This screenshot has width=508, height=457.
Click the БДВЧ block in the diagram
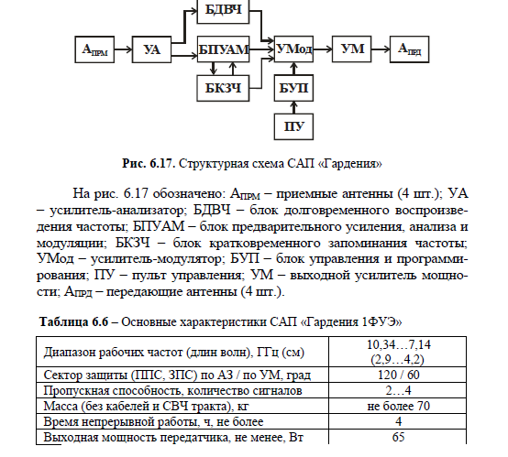(223, 12)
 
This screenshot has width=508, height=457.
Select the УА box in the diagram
(151, 49)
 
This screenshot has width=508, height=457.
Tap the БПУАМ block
(223, 49)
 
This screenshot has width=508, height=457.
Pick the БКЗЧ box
(223, 88)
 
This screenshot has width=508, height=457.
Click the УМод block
(293, 49)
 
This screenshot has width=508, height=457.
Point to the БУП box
(293, 88)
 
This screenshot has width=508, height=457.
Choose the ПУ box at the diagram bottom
(293, 126)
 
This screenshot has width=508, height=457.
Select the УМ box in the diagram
(352, 49)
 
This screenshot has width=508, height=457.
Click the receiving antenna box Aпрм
(94, 49)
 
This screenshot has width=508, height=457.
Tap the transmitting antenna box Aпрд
(410, 49)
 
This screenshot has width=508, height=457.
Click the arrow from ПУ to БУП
(293, 107)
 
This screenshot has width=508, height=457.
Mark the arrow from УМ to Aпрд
(381, 49)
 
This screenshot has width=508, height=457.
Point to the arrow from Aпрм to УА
(123, 49)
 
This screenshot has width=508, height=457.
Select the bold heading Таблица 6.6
(73, 321)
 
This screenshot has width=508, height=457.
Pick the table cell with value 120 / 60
(398, 375)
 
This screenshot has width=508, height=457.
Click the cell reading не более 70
(398, 406)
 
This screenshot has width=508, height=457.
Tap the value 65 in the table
(398, 437)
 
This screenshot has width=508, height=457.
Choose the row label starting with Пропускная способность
(172, 391)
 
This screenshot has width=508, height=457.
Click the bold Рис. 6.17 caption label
(149, 163)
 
